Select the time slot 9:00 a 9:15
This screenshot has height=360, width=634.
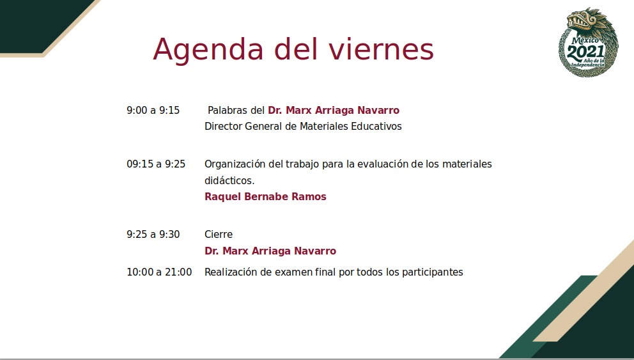(x=153, y=110)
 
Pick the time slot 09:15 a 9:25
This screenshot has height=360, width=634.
(x=156, y=164)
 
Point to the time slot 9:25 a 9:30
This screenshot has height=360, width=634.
(x=153, y=234)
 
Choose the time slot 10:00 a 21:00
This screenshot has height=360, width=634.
(x=159, y=272)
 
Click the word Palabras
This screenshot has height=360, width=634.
(x=228, y=110)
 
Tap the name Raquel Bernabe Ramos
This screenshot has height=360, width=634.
(x=265, y=197)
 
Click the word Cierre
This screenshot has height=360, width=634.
(x=219, y=234)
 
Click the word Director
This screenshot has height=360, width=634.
(x=223, y=126)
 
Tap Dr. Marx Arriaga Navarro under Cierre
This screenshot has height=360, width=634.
(x=270, y=251)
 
